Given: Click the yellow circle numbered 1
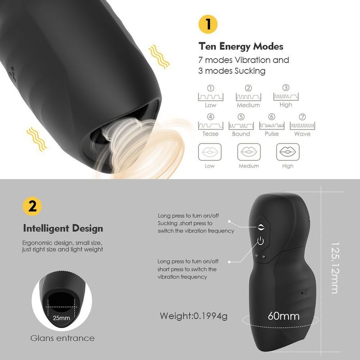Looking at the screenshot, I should (x=208, y=24).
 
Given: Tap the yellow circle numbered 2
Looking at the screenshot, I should (x=32, y=207).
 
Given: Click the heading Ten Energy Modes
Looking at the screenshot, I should (x=241, y=46).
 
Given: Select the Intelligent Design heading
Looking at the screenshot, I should (x=63, y=229).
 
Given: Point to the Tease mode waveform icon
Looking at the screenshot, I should (x=210, y=126).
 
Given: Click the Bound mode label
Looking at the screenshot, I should (x=241, y=134).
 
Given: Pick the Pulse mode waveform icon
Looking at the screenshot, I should (x=271, y=126).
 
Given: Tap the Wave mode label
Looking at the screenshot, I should (x=302, y=134).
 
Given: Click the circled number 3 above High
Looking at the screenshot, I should (x=286, y=88).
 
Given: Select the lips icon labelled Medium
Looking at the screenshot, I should (x=248, y=152).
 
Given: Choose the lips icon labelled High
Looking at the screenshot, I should (x=287, y=152).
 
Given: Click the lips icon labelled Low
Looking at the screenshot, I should (x=210, y=152).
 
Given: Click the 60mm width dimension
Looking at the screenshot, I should (x=283, y=316).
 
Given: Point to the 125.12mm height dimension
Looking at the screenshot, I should (x=334, y=269).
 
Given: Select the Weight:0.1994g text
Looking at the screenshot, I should (x=193, y=316).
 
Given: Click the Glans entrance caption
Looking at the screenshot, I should (x=63, y=338).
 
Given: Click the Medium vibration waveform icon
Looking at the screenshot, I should (x=248, y=97).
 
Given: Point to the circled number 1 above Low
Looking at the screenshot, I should (x=210, y=88).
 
